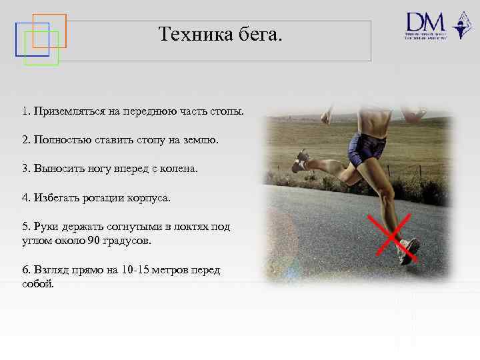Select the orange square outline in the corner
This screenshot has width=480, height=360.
(x=49, y=30)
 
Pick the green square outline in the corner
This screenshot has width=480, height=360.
(x=41, y=48)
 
